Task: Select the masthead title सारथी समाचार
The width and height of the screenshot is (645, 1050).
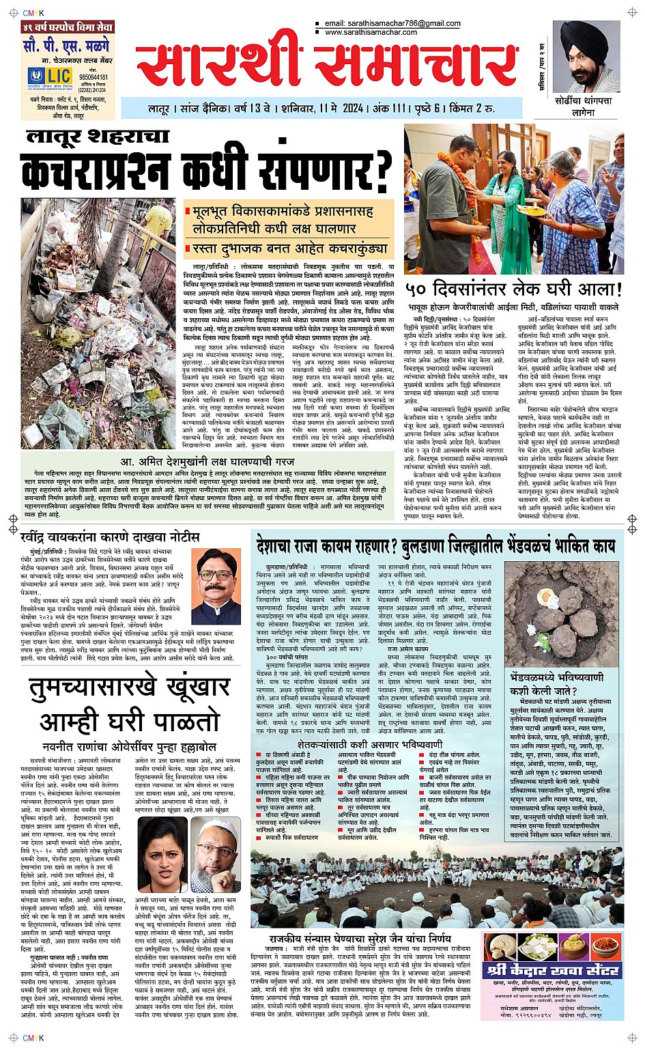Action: click(x=326, y=66)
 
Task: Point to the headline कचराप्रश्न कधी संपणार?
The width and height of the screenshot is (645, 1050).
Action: click(x=207, y=171)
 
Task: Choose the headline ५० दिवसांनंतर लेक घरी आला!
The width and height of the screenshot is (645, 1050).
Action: click(x=513, y=287)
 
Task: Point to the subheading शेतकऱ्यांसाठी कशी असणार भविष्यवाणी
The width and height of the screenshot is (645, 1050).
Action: click(x=370, y=743)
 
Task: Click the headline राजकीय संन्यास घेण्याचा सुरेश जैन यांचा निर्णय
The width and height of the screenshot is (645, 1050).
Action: click(x=360, y=939)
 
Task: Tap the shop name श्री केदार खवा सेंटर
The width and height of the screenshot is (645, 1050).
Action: click(x=554, y=969)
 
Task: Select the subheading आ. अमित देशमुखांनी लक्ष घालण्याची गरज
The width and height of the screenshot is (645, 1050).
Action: click(x=218, y=462)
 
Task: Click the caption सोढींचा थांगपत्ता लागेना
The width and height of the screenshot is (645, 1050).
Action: click(x=584, y=107)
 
